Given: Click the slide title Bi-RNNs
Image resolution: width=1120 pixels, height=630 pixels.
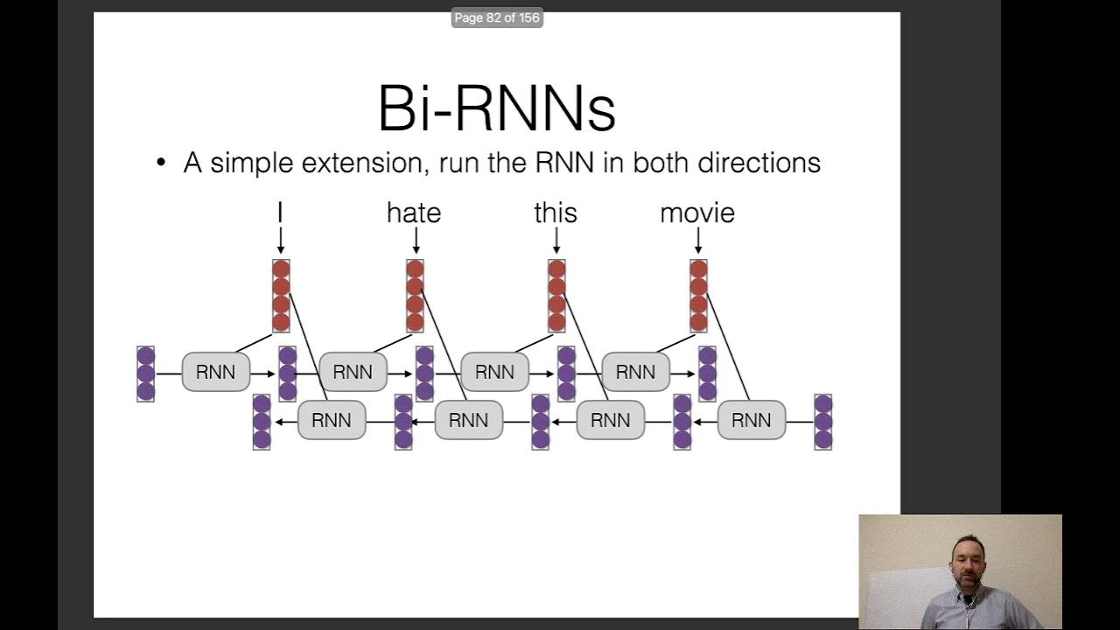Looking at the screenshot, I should tap(496, 108).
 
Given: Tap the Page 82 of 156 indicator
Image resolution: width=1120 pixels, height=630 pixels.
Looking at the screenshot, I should tap(497, 17).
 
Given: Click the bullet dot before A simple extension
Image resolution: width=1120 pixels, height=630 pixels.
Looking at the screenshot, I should tap(160, 164).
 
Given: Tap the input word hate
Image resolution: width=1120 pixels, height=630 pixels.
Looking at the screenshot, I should tap(414, 213).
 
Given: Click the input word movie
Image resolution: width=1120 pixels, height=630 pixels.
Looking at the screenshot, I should tap(697, 213).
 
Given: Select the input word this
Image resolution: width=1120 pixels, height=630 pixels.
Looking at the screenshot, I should tap(556, 213).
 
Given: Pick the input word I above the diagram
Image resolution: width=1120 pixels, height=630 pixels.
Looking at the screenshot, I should tap(280, 213).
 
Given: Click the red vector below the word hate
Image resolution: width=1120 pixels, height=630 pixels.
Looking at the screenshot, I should tap(415, 296).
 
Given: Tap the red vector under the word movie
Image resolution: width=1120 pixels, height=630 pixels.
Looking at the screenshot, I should tap(698, 296).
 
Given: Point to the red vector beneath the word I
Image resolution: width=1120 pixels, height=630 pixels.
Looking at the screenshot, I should tap(281, 296).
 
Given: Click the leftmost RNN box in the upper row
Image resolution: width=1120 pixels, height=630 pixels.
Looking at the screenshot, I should tap(215, 372).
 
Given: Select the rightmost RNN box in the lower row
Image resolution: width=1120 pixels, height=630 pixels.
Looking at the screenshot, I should tap(751, 421).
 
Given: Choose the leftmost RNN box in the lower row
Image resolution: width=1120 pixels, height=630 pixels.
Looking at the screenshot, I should tap(332, 421).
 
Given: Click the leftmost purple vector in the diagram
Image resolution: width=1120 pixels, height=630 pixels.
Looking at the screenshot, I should tap(145, 374).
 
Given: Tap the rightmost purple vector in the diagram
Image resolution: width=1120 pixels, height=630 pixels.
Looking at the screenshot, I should tap(823, 422).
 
